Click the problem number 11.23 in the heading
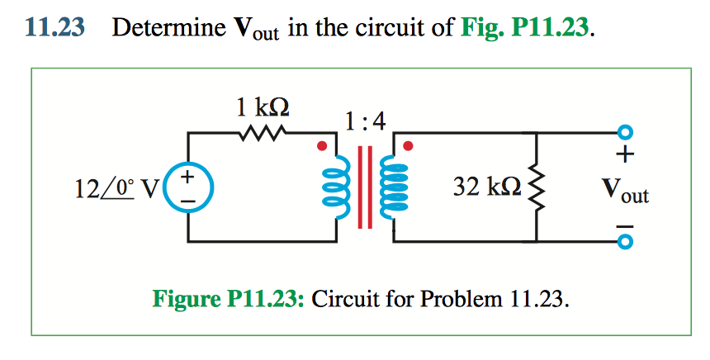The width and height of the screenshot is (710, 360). tap(54, 28)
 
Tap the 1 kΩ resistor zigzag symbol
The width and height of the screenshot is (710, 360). tap(263, 132)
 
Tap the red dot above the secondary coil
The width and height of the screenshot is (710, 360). tap(407, 146)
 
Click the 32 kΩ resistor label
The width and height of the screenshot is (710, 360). tap(488, 188)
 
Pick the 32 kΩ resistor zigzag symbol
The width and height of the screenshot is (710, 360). tap(537, 187)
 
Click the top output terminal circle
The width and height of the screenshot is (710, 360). tap(625, 132)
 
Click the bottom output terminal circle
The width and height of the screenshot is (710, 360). tap(625, 242)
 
